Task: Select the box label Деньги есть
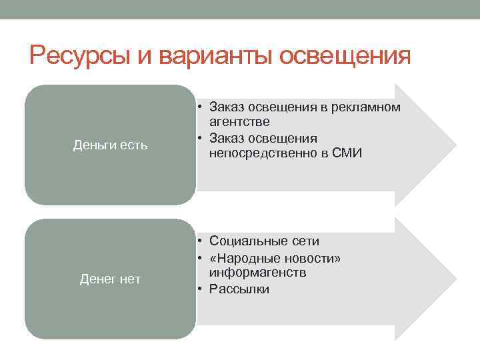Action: [x=111, y=145]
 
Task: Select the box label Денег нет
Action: [x=111, y=279]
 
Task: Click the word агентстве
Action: [x=239, y=122]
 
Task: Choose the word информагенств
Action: [x=257, y=273]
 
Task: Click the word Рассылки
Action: [x=239, y=289]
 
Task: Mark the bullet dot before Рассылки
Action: [x=200, y=289]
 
